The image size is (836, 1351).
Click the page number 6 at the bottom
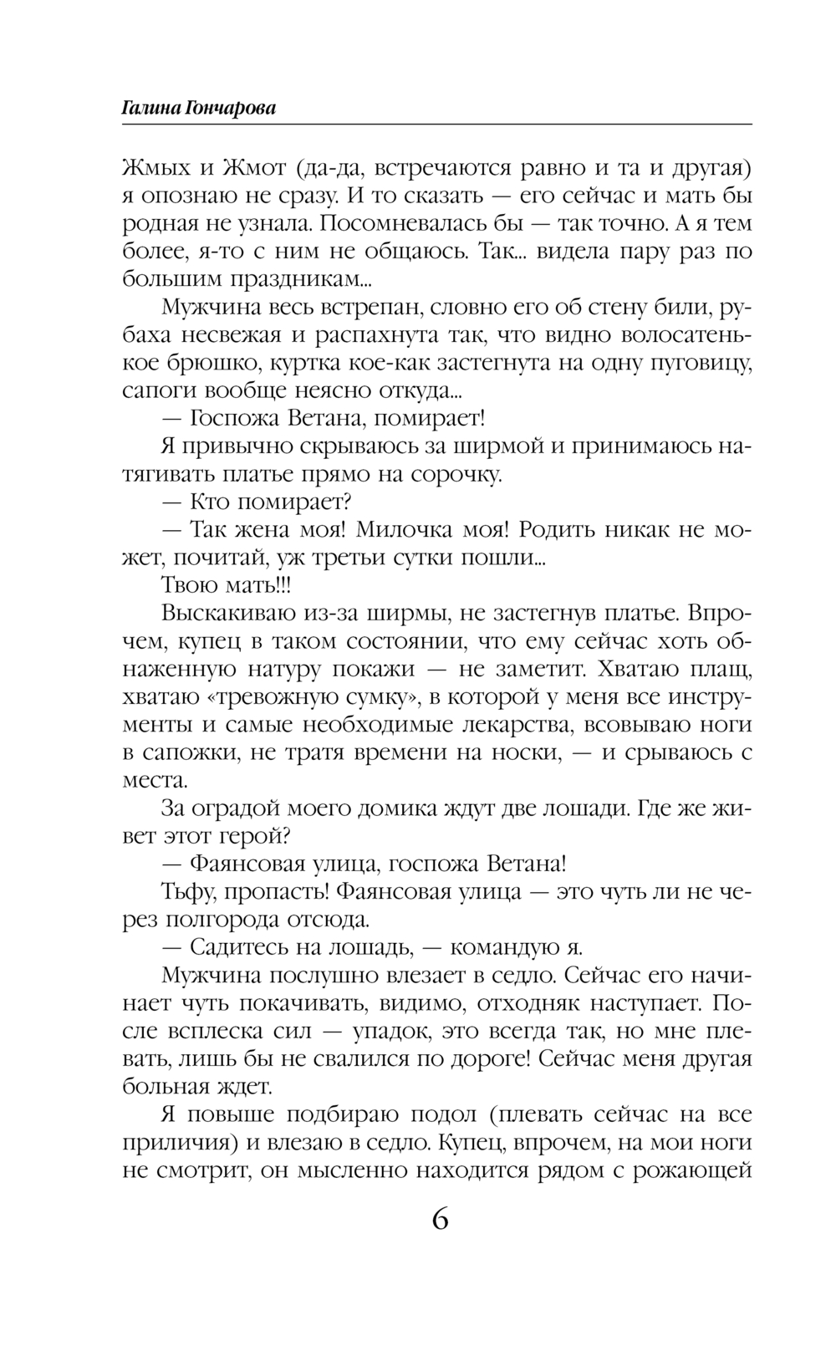440,1220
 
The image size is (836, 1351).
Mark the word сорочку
455,475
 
